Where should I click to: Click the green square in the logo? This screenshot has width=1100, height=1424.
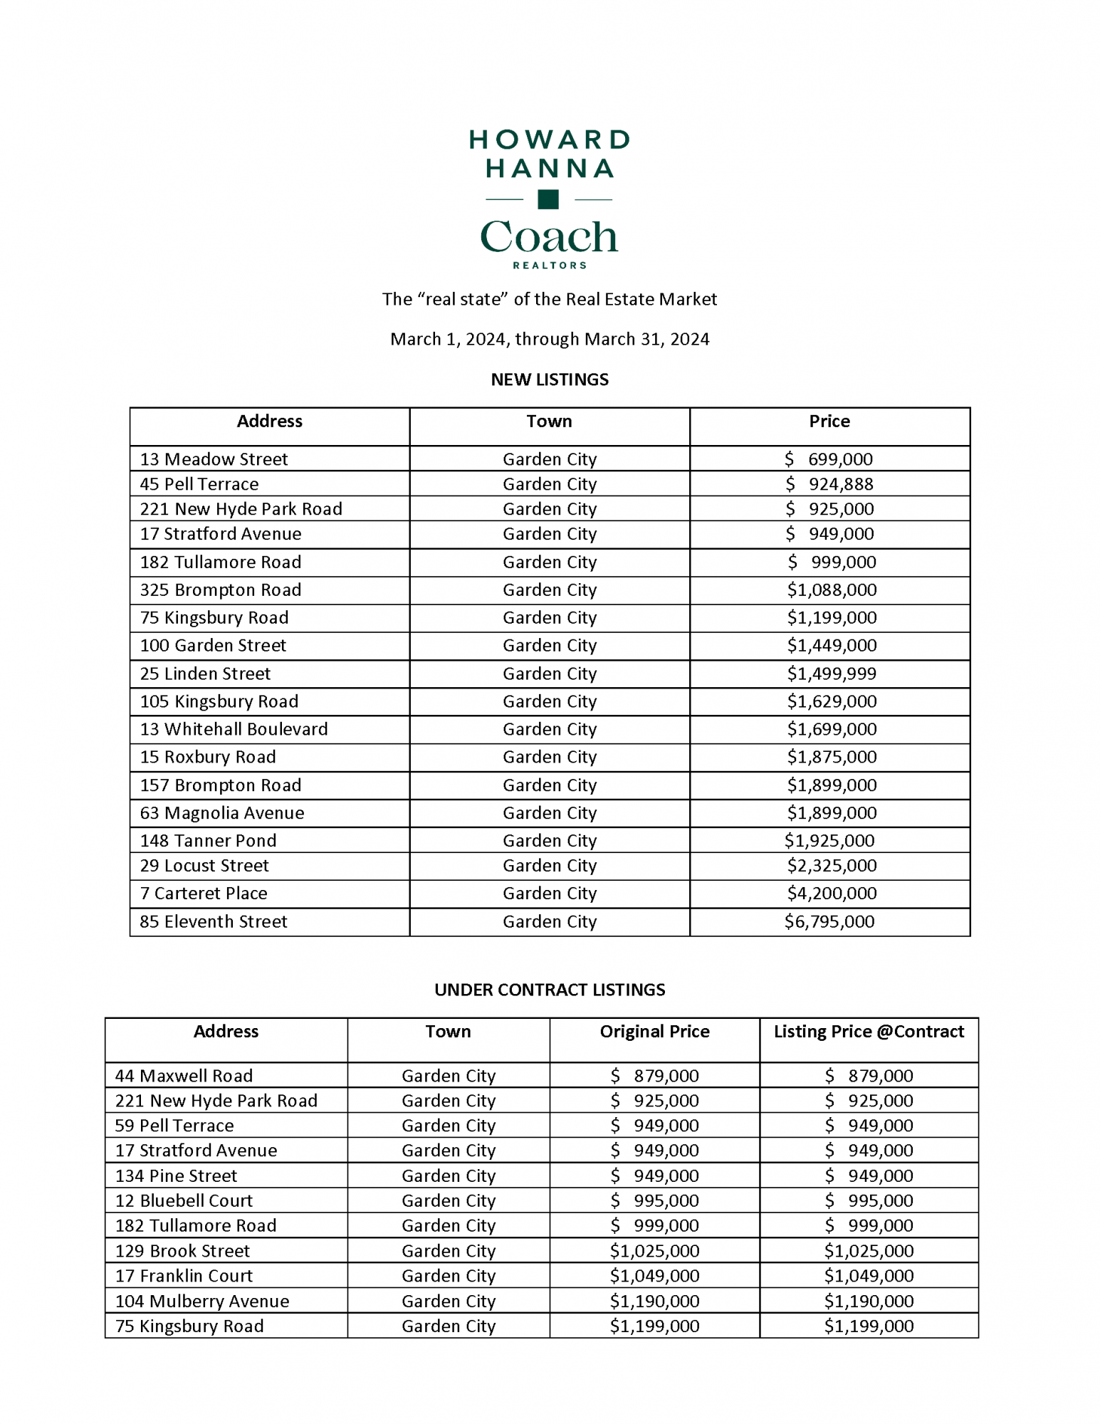[548, 199]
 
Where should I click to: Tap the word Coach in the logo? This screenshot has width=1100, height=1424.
[549, 237]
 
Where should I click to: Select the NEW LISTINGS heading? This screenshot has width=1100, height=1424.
[550, 379]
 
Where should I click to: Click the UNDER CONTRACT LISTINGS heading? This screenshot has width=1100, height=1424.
[550, 990]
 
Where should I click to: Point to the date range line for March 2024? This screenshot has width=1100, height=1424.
[550, 339]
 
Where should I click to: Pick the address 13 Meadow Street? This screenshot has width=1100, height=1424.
[214, 459]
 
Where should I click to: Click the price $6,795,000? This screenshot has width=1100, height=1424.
[829, 921]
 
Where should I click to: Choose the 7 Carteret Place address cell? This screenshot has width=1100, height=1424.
[204, 894]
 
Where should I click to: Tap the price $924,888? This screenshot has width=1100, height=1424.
[829, 484]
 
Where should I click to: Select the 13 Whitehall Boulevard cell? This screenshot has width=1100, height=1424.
[234, 729]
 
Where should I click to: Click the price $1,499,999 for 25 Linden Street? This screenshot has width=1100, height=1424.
[832, 674]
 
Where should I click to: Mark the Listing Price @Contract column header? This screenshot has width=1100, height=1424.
[869, 1032]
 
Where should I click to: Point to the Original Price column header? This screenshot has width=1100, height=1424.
[654, 1032]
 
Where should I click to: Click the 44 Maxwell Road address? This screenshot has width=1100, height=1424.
[184, 1076]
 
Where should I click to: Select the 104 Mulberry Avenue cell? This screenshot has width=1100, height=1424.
[202, 1302]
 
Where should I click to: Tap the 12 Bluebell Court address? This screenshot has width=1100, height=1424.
[184, 1201]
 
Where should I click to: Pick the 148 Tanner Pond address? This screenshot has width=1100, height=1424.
[208, 841]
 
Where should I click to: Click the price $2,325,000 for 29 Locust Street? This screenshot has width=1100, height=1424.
[832, 866]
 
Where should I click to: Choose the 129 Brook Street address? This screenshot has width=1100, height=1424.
[182, 1251]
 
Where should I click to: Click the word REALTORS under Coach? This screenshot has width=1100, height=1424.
[550, 266]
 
